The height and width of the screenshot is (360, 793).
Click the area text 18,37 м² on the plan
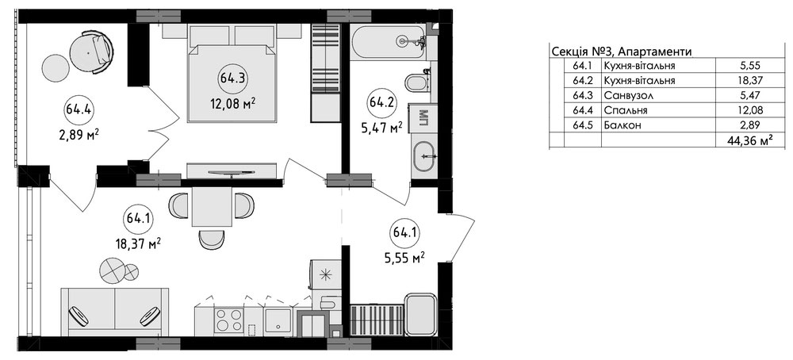point(138,244)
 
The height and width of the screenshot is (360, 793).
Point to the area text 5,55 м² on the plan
point(404,258)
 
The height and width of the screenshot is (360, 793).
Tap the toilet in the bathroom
point(417,82)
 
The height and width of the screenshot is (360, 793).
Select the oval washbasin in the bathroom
point(424,157)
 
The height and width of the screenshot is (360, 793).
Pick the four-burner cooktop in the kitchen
point(228,320)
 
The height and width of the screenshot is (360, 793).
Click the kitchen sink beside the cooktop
point(278,320)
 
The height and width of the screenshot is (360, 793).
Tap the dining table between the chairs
point(212,206)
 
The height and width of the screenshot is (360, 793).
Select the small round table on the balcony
point(56,67)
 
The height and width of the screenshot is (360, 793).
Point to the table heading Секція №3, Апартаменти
point(621,52)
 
